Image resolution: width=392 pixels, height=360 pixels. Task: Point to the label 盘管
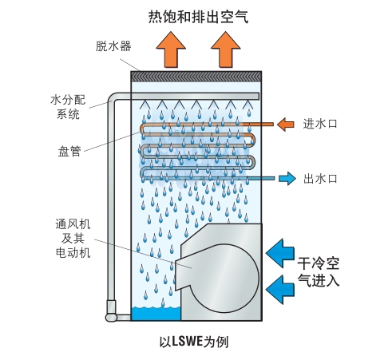(x=69, y=151)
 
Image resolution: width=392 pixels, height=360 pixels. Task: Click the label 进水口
(x=322, y=124)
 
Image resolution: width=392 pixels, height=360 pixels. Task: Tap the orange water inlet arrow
(x=284, y=124)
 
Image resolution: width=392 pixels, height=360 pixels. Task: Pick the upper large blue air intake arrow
(x=279, y=253)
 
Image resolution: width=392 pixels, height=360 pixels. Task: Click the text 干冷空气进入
(x=319, y=271)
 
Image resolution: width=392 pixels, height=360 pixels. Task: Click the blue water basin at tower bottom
(x=156, y=314)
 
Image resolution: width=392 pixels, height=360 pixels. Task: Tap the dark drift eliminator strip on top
(x=196, y=75)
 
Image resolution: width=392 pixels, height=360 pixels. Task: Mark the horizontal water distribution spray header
(x=196, y=97)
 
